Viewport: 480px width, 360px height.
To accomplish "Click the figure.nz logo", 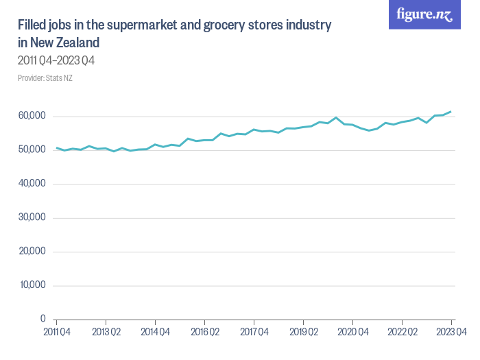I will pos(424,15).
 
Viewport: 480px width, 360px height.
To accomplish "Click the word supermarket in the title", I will pos(146,25).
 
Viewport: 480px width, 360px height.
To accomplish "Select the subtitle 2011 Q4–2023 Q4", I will pos(56,60).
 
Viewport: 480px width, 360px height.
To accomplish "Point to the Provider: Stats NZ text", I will pos(45,77).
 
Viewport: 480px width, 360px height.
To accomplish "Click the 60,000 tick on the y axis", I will pos(31,117).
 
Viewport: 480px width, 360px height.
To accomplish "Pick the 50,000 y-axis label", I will pos(31,150).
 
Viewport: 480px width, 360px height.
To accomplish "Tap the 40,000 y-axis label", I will pos(31,184).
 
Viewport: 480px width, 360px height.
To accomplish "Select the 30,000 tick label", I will pos(31,217).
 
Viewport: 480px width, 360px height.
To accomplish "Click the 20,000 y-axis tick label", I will pos(31,251).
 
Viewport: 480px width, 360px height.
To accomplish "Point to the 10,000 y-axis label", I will pos(31,285).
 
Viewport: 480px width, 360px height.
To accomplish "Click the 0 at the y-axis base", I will pos(42,319).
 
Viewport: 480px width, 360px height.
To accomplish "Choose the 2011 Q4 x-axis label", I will pos(56,333).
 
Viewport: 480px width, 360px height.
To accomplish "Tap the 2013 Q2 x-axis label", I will pos(106,333).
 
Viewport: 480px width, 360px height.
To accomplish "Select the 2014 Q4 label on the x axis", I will pos(155,333).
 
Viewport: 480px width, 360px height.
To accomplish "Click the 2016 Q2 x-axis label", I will pos(204,333).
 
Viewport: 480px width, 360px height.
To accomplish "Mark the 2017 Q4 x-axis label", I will pos(254,333).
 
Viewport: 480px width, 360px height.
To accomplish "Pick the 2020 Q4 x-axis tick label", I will pos(352,333).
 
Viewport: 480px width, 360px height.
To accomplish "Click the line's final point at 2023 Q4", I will pos(451,112).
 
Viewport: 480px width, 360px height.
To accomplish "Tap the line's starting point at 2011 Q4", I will pos(56,147).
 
